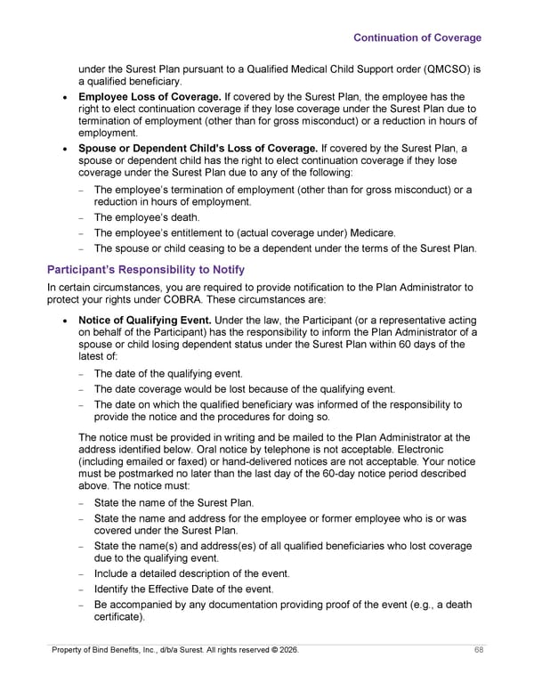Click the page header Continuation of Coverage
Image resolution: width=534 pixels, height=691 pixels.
pyautogui.click(x=417, y=37)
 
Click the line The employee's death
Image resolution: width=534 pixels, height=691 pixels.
pyautogui.click(x=147, y=217)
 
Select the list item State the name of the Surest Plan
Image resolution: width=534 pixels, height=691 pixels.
pyautogui.click(x=174, y=503)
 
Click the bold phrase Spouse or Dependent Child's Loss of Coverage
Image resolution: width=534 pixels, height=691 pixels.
pyautogui.click(x=198, y=147)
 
